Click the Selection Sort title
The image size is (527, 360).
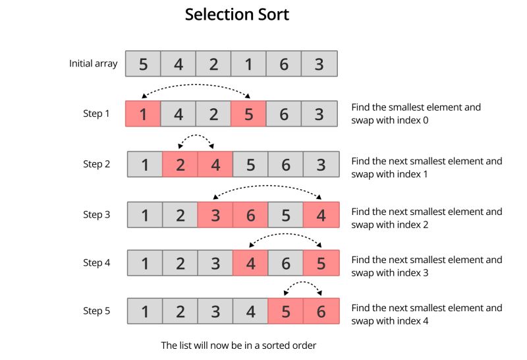(x=236, y=15)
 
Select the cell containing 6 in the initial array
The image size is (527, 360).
(x=284, y=64)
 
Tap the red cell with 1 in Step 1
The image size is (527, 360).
(x=143, y=114)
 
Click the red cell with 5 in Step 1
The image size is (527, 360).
(x=248, y=114)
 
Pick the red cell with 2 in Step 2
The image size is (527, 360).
(x=180, y=164)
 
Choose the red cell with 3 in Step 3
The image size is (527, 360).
(x=215, y=215)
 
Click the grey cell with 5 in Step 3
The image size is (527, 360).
(x=286, y=215)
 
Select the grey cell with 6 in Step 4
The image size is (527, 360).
(x=286, y=263)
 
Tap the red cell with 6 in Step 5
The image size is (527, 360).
(x=321, y=311)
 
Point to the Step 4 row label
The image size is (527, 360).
(x=96, y=263)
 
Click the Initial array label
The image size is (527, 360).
(x=94, y=64)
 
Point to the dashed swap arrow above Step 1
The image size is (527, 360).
(x=196, y=85)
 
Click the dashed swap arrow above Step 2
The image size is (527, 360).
(x=197, y=136)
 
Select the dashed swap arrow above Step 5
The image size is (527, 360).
(x=302, y=284)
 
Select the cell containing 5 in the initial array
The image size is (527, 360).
(x=143, y=64)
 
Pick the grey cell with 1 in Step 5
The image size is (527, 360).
(x=144, y=311)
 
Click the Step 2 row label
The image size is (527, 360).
(x=96, y=164)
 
